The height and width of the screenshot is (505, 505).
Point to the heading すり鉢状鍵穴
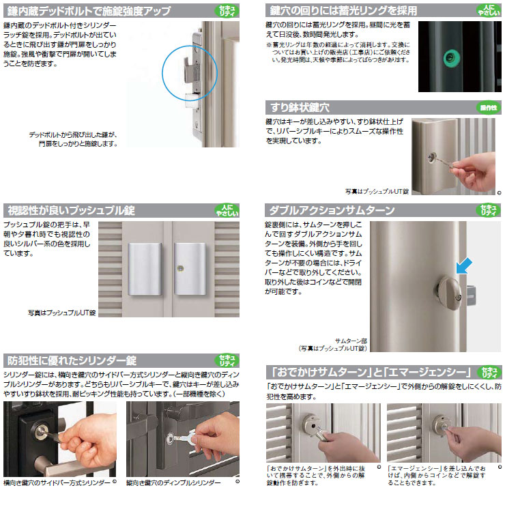pyautogui.click(x=300, y=108)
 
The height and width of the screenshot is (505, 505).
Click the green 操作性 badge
pyautogui.click(x=487, y=108)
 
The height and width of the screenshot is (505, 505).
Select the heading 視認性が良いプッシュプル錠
pyautogui.click(x=72, y=210)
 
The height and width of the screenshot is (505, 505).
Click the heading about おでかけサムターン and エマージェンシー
pyautogui.click(x=369, y=372)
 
